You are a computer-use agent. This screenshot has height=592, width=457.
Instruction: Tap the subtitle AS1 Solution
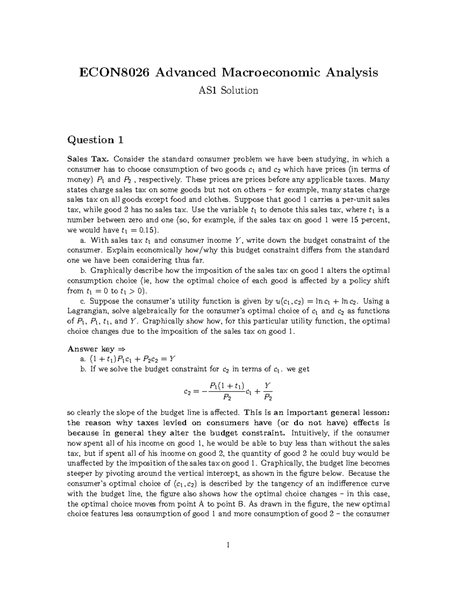coord(228,90)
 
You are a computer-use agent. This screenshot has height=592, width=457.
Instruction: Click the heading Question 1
coord(95,140)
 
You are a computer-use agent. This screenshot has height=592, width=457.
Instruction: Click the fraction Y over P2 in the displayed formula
coord(268,391)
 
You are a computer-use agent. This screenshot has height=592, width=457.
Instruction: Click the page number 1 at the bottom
coord(228,545)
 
